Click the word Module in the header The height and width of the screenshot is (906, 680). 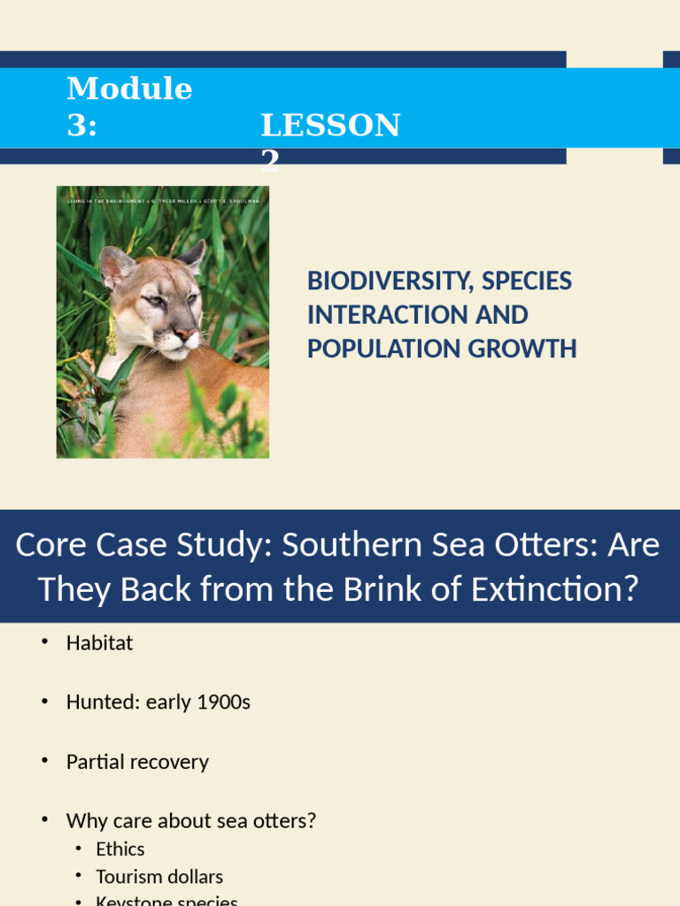tap(129, 88)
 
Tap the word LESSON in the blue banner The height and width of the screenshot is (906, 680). tap(330, 126)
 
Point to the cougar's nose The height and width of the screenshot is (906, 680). tap(185, 334)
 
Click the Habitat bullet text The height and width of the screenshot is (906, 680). tap(99, 643)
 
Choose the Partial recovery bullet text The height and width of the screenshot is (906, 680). tap(137, 762)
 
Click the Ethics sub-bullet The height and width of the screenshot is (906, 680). tap(120, 849)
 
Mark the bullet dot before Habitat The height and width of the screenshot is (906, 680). tap(44, 642)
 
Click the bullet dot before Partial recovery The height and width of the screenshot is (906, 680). tap(44, 761)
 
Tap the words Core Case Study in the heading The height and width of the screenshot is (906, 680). tap(141, 545)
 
